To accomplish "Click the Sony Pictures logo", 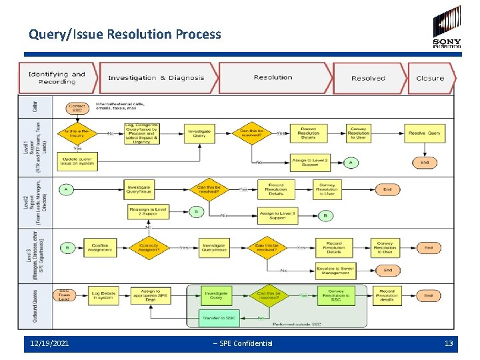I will (447, 27).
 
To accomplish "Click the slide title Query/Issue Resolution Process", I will (125, 33).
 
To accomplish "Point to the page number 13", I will (449, 343).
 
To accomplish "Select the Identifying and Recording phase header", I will (57, 78).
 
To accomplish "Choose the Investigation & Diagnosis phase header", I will (157, 78).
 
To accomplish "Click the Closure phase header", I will (430, 78).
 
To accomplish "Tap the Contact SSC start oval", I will (78, 107).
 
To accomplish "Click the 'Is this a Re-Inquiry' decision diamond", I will (78, 133).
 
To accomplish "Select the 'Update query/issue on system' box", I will (78, 162).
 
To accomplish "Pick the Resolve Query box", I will (424, 133).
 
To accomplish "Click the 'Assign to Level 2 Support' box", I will (309, 162).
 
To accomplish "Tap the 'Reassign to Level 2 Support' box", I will (148, 212).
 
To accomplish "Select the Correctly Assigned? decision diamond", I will (148, 247).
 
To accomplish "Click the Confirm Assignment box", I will (100, 247).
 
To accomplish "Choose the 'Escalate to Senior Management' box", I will (335, 270).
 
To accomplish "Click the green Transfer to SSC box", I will (218, 317).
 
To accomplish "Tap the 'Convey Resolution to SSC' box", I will (336, 295).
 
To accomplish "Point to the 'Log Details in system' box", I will (103, 295).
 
